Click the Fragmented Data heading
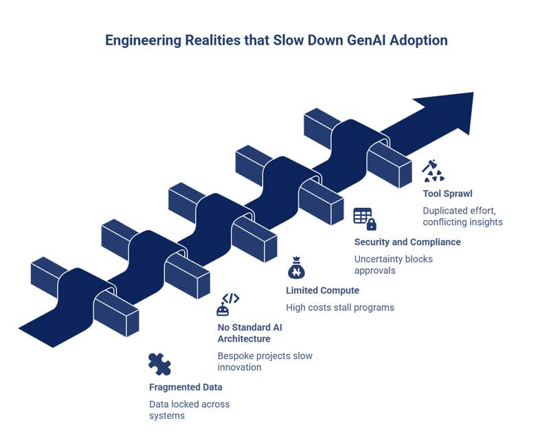pos(185,387)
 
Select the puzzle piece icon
pos(159,363)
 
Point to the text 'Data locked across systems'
pos(189,410)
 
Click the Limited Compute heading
pos(322,290)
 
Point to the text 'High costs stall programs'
pos(340,307)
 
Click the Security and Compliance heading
pos(407,242)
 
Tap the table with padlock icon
pos(364,218)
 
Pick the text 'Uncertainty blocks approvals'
pos(393,264)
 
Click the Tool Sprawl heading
pos(447,194)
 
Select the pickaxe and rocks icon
pos(433,170)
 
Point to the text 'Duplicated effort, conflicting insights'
pos(462,216)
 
